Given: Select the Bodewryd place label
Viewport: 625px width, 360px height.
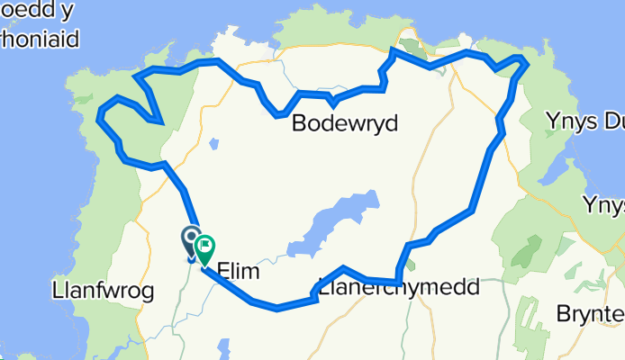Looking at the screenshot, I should point(332,124).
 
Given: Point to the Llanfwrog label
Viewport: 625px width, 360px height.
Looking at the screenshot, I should point(104,291).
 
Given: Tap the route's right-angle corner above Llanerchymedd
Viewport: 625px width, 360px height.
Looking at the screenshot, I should point(397,282).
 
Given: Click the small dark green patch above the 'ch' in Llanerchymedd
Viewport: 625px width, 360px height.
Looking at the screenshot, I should point(410,265).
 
